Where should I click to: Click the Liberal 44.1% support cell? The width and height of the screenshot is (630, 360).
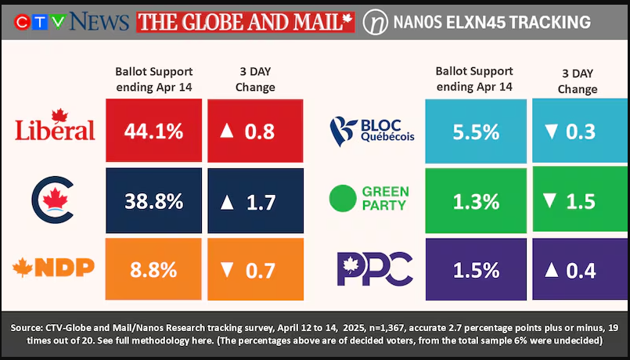(153, 131)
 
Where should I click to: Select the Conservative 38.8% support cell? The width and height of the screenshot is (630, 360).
(153, 201)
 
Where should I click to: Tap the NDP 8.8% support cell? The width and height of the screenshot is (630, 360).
(153, 269)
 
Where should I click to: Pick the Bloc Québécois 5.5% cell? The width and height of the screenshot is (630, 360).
(476, 131)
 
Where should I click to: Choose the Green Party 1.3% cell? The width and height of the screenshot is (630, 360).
(476, 201)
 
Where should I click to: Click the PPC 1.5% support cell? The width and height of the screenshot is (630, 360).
(476, 270)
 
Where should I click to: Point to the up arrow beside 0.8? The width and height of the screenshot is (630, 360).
(228, 131)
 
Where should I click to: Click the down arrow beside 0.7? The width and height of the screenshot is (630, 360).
(227, 271)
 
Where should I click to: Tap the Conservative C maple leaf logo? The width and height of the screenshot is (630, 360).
(54, 198)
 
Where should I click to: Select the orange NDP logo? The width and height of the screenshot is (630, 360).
(54, 268)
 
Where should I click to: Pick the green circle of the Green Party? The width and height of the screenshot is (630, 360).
(343, 198)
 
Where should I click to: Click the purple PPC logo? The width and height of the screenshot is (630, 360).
(373, 268)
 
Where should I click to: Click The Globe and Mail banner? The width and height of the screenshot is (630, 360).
(245, 22)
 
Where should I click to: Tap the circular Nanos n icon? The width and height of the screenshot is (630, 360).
(376, 22)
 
